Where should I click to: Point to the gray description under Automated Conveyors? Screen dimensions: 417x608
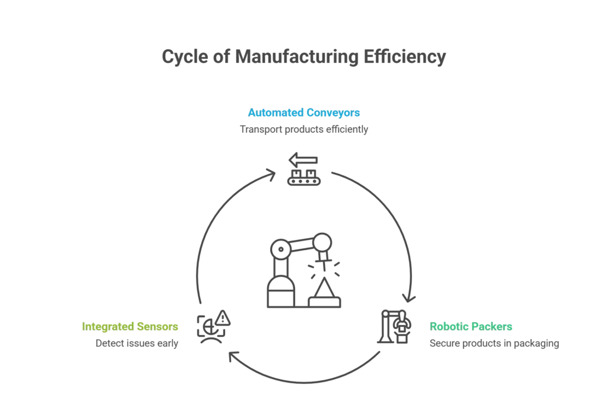point(303,129)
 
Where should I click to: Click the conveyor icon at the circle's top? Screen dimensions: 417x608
point(303,171)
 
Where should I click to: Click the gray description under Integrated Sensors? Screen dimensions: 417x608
point(137,343)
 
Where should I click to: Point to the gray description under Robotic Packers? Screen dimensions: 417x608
point(493,343)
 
